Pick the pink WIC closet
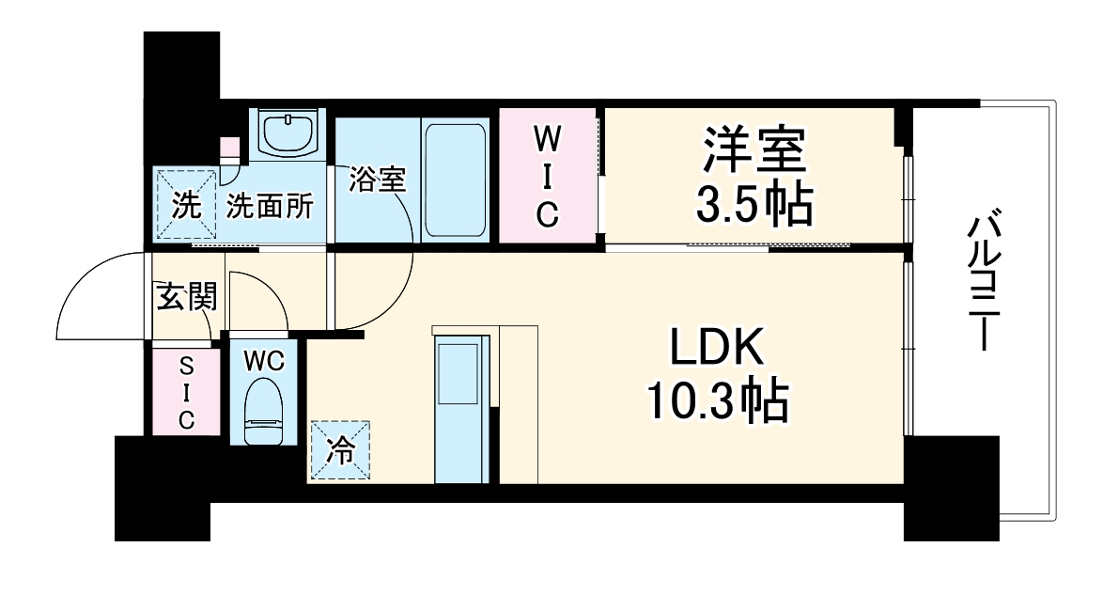pyautogui.click(x=548, y=177)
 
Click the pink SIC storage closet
pyautogui.click(x=186, y=391)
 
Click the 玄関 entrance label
pyautogui.click(x=186, y=298)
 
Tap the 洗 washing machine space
pyautogui.click(x=185, y=206)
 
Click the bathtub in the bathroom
pyautogui.click(x=455, y=180)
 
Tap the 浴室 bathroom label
pyautogui.click(x=377, y=180)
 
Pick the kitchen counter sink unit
pyautogui.click(x=460, y=407)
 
